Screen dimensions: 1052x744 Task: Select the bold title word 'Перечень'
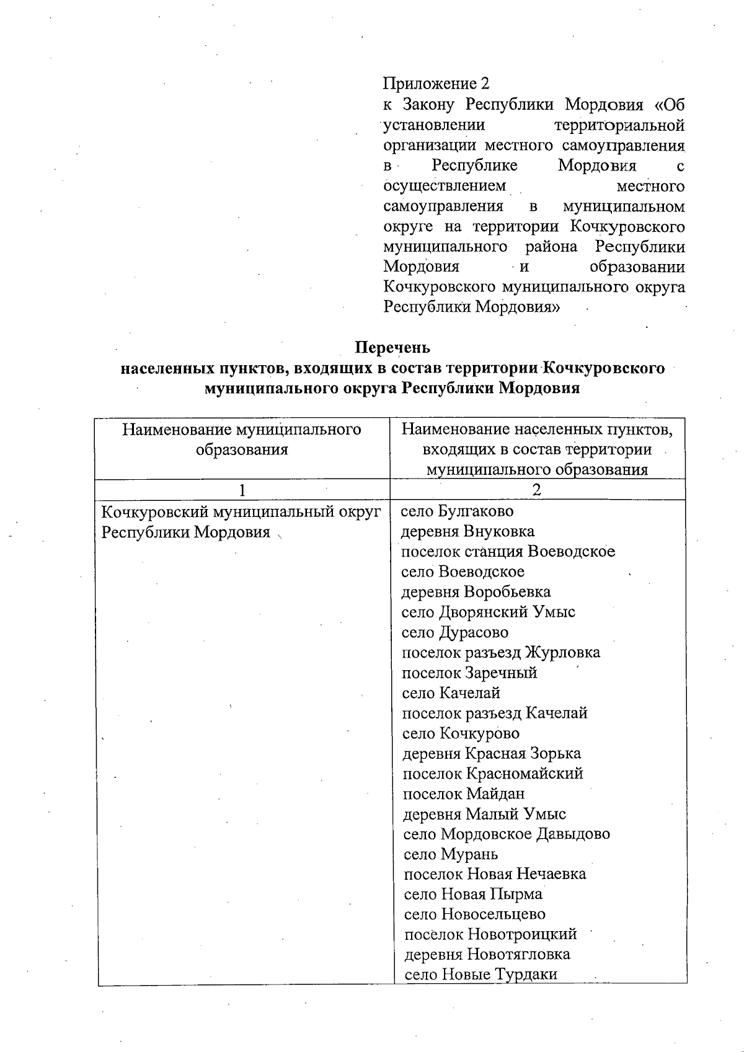pyautogui.click(x=392, y=347)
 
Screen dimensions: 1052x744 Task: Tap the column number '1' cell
pyautogui.click(x=242, y=490)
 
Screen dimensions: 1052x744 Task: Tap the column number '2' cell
pyautogui.click(x=537, y=490)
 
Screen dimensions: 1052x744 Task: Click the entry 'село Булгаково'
pyautogui.click(x=458, y=511)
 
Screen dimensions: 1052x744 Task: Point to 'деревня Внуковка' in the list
pyautogui.click(x=467, y=532)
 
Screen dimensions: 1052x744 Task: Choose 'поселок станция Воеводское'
pyautogui.click(x=508, y=552)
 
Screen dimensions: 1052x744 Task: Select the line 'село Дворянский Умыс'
pyautogui.click(x=488, y=612)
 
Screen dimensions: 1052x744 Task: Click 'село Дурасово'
pyautogui.click(x=455, y=633)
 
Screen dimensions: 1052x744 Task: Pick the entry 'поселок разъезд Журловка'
pyautogui.click(x=501, y=653)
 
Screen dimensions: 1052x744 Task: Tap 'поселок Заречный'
pyautogui.click(x=469, y=673)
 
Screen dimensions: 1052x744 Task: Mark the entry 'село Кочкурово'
pyautogui.click(x=461, y=734)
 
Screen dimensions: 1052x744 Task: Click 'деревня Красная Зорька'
pyautogui.click(x=492, y=754)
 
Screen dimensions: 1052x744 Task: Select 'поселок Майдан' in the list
pyautogui.click(x=464, y=794)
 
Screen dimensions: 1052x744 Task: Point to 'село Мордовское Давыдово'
pyautogui.click(x=507, y=834)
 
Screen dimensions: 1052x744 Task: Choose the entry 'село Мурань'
pyautogui.click(x=451, y=855)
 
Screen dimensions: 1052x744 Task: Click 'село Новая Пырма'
pyautogui.click(x=473, y=895)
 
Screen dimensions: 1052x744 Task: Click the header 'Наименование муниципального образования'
pyautogui.click(x=242, y=440)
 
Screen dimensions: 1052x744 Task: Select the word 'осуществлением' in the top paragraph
pyautogui.click(x=445, y=186)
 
